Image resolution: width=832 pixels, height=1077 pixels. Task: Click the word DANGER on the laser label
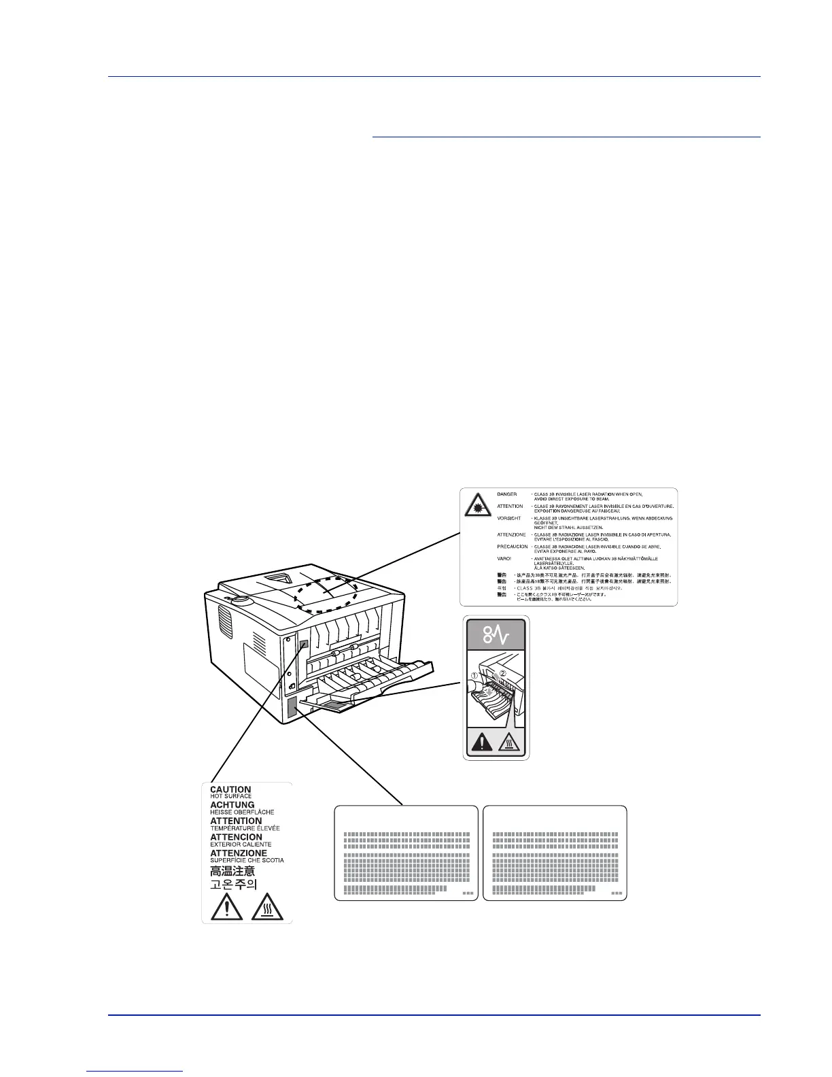pyautogui.click(x=507, y=494)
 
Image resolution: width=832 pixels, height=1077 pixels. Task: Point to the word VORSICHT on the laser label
pyautogui.click(x=509, y=519)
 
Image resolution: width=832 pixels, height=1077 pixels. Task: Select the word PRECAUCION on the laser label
pyautogui.click(x=513, y=547)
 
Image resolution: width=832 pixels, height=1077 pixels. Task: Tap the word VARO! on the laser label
pyautogui.click(x=506, y=558)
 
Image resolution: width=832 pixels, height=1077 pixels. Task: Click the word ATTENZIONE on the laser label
pyautogui.click(x=511, y=534)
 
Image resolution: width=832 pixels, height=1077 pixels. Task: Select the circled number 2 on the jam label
pyautogui.click(x=503, y=674)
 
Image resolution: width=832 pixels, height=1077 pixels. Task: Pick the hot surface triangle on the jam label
pyautogui.click(x=509, y=743)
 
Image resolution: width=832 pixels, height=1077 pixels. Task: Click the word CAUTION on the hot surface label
pyautogui.click(x=230, y=789)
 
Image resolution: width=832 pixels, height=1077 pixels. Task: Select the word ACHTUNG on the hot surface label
pyautogui.click(x=232, y=805)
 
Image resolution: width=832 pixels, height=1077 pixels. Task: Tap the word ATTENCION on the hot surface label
pyautogui.click(x=236, y=837)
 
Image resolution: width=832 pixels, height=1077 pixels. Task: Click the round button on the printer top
pyautogui.click(x=239, y=600)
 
